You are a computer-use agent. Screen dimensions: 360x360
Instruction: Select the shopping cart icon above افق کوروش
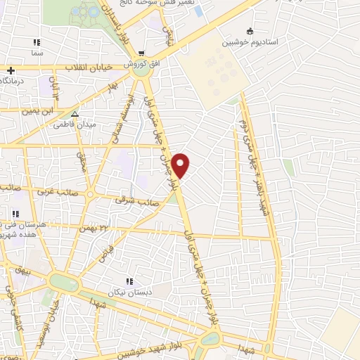pyautogui.click(x=141, y=53)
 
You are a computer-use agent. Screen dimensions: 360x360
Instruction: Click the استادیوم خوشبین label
pyautogui.click(x=252, y=42)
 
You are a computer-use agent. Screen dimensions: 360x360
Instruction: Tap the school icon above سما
pyautogui.click(x=37, y=42)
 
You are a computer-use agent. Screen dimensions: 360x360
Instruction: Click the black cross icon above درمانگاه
pyautogui.click(x=11, y=70)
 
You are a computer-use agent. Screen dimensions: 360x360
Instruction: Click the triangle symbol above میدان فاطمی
pyautogui.click(x=75, y=113)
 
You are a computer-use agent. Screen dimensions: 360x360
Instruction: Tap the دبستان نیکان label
pyautogui.click(x=127, y=291)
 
